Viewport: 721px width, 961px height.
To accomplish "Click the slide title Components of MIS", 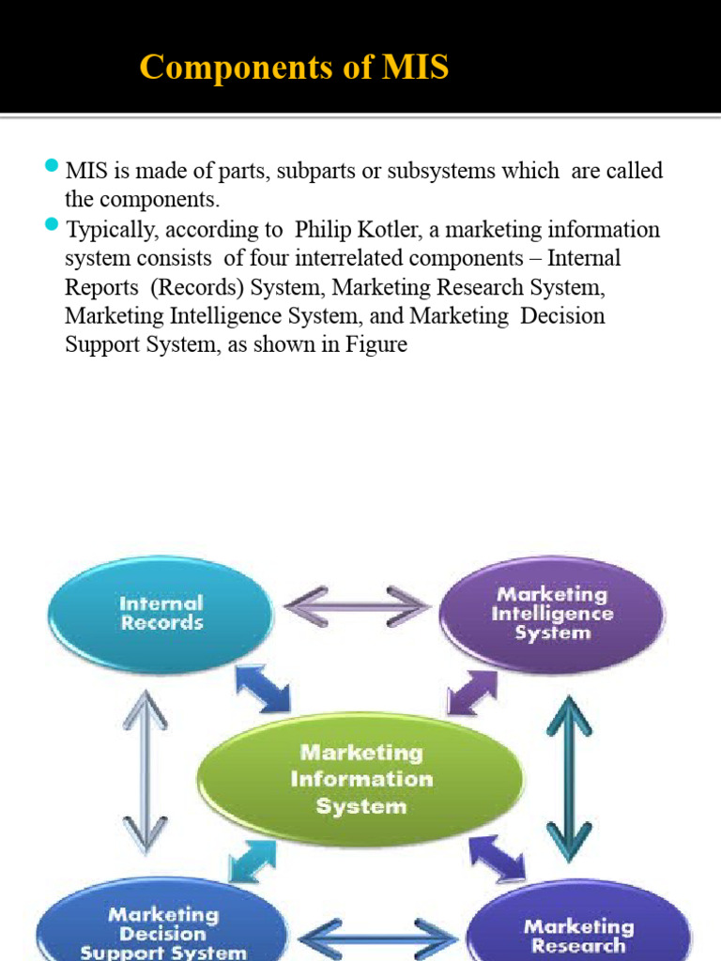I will click(294, 68).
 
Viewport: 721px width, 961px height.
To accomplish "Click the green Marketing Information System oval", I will click(360, 779).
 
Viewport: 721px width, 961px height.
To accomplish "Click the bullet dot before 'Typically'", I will click(52, 227).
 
